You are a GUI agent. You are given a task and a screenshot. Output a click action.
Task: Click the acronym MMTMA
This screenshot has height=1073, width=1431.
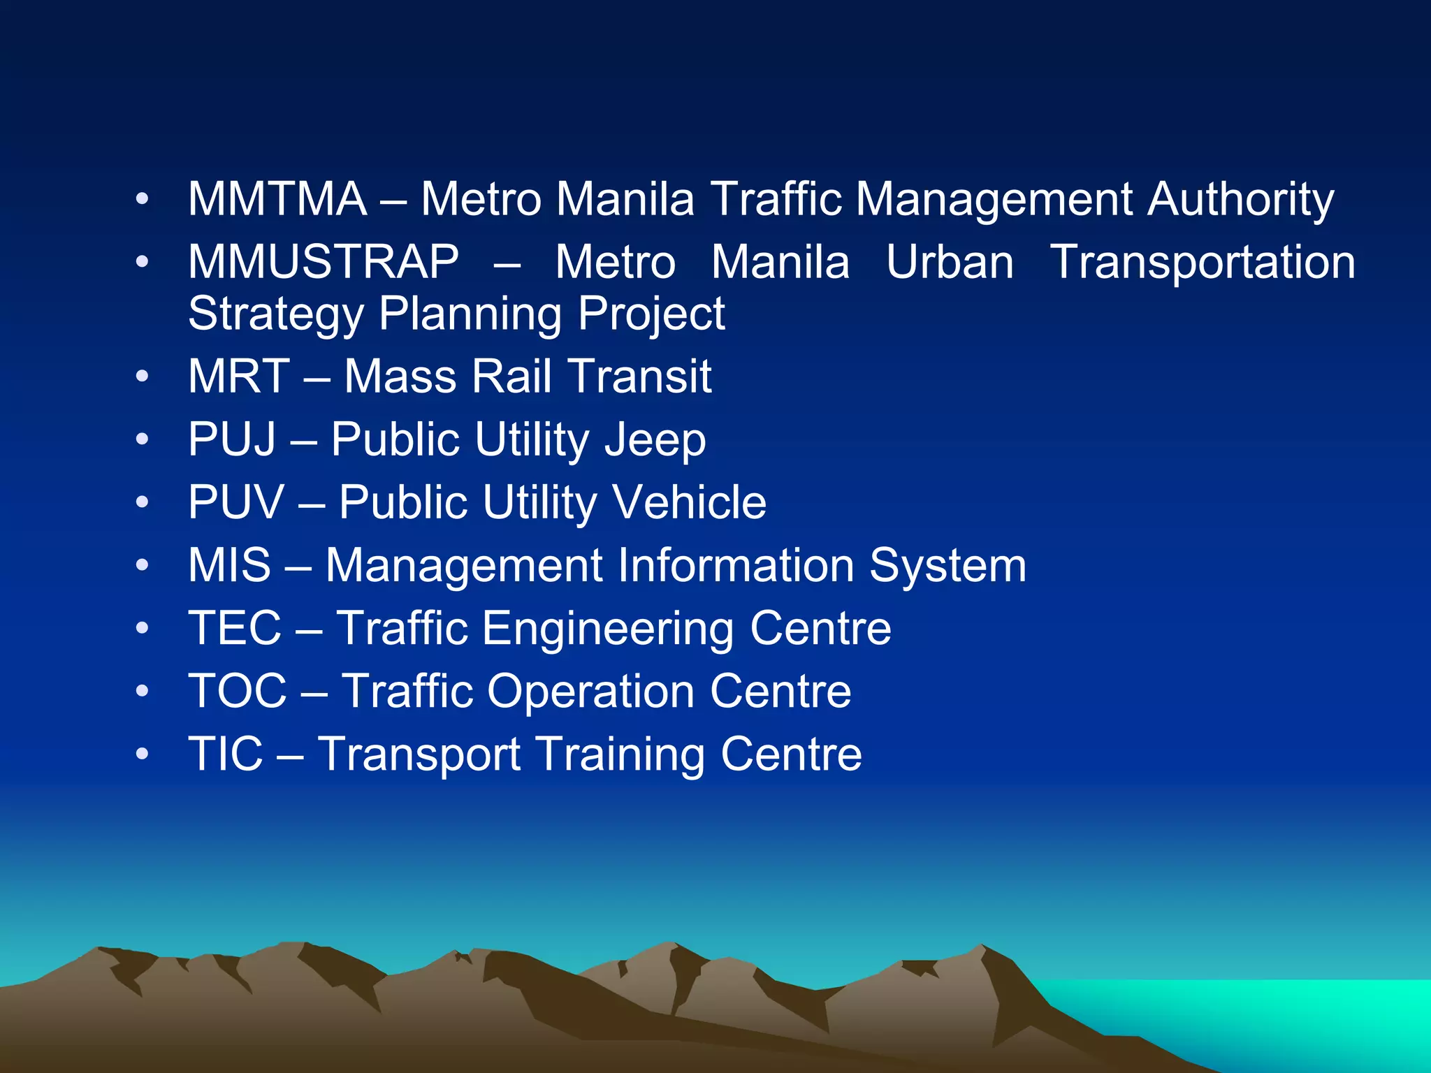277,199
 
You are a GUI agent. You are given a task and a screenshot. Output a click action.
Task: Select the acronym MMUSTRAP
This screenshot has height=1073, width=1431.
324,262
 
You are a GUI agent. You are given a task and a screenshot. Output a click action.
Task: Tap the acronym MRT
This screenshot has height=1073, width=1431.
239,377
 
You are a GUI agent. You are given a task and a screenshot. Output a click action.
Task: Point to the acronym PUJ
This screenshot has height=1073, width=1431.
232,439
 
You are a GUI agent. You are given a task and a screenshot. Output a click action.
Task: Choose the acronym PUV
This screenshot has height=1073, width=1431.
236,502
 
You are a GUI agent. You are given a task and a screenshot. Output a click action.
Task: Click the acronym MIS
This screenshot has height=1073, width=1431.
229,565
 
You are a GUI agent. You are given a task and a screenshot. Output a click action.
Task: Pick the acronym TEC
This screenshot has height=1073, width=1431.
235,628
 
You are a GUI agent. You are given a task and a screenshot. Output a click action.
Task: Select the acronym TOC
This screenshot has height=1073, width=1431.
238,691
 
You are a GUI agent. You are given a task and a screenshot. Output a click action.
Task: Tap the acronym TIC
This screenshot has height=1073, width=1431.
226,754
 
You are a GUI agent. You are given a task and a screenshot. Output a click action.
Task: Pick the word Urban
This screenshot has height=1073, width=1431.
950,263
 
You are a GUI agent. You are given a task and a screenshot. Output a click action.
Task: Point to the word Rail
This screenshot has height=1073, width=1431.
511,377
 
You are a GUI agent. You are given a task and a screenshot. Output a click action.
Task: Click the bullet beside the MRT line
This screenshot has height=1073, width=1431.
143,377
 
